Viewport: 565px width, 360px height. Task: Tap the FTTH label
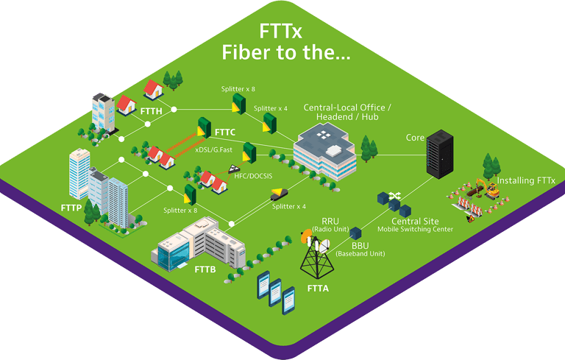click(151, 112)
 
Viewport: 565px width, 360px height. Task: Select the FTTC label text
click(224, 132)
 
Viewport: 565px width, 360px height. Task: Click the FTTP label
click(71, 209)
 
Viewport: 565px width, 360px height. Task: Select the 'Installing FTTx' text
click(526, 180)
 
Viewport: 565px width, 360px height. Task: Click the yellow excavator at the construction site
click(488, 187)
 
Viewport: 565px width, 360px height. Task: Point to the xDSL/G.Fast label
click(216, 149)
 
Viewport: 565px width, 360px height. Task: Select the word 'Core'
click(415, 138)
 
